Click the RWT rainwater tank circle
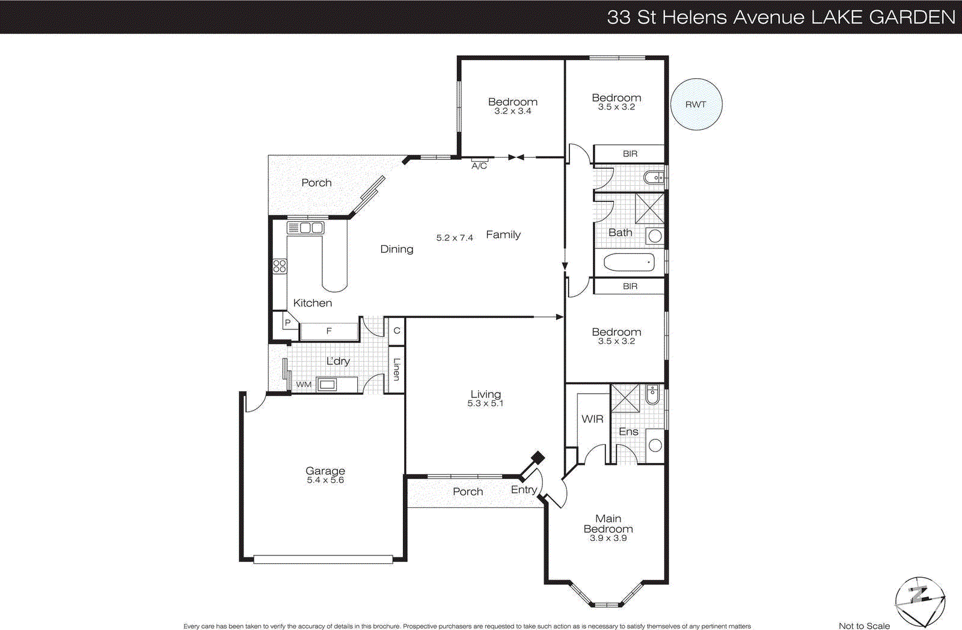[696, 104]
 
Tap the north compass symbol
[919, 601]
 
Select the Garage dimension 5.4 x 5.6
[325, 480]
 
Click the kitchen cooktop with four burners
[280, 266]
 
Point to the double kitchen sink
[305, 228]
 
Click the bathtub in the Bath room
[629, 263]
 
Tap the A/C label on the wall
[479, 166]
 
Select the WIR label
[592, 419]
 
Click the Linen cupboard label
[396, 369]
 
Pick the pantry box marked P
[287, 323]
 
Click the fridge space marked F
[329, 331]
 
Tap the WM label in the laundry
[304, 385]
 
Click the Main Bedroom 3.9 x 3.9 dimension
[608, 538]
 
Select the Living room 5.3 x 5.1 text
[485, 403]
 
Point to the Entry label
[524, 489]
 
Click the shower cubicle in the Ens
[625, 398]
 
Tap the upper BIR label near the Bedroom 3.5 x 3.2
[630, 154]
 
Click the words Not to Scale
[864, 626]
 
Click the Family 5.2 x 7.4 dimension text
[455, 238]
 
